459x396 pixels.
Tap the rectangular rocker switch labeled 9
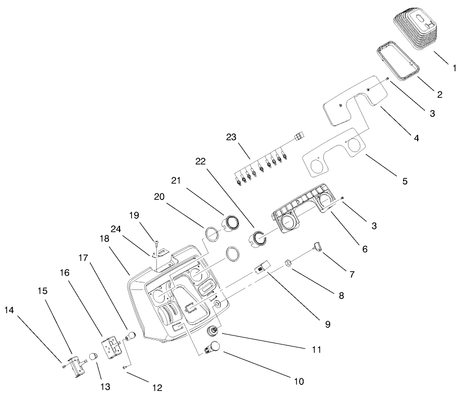261,267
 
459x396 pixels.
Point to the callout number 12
157,388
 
